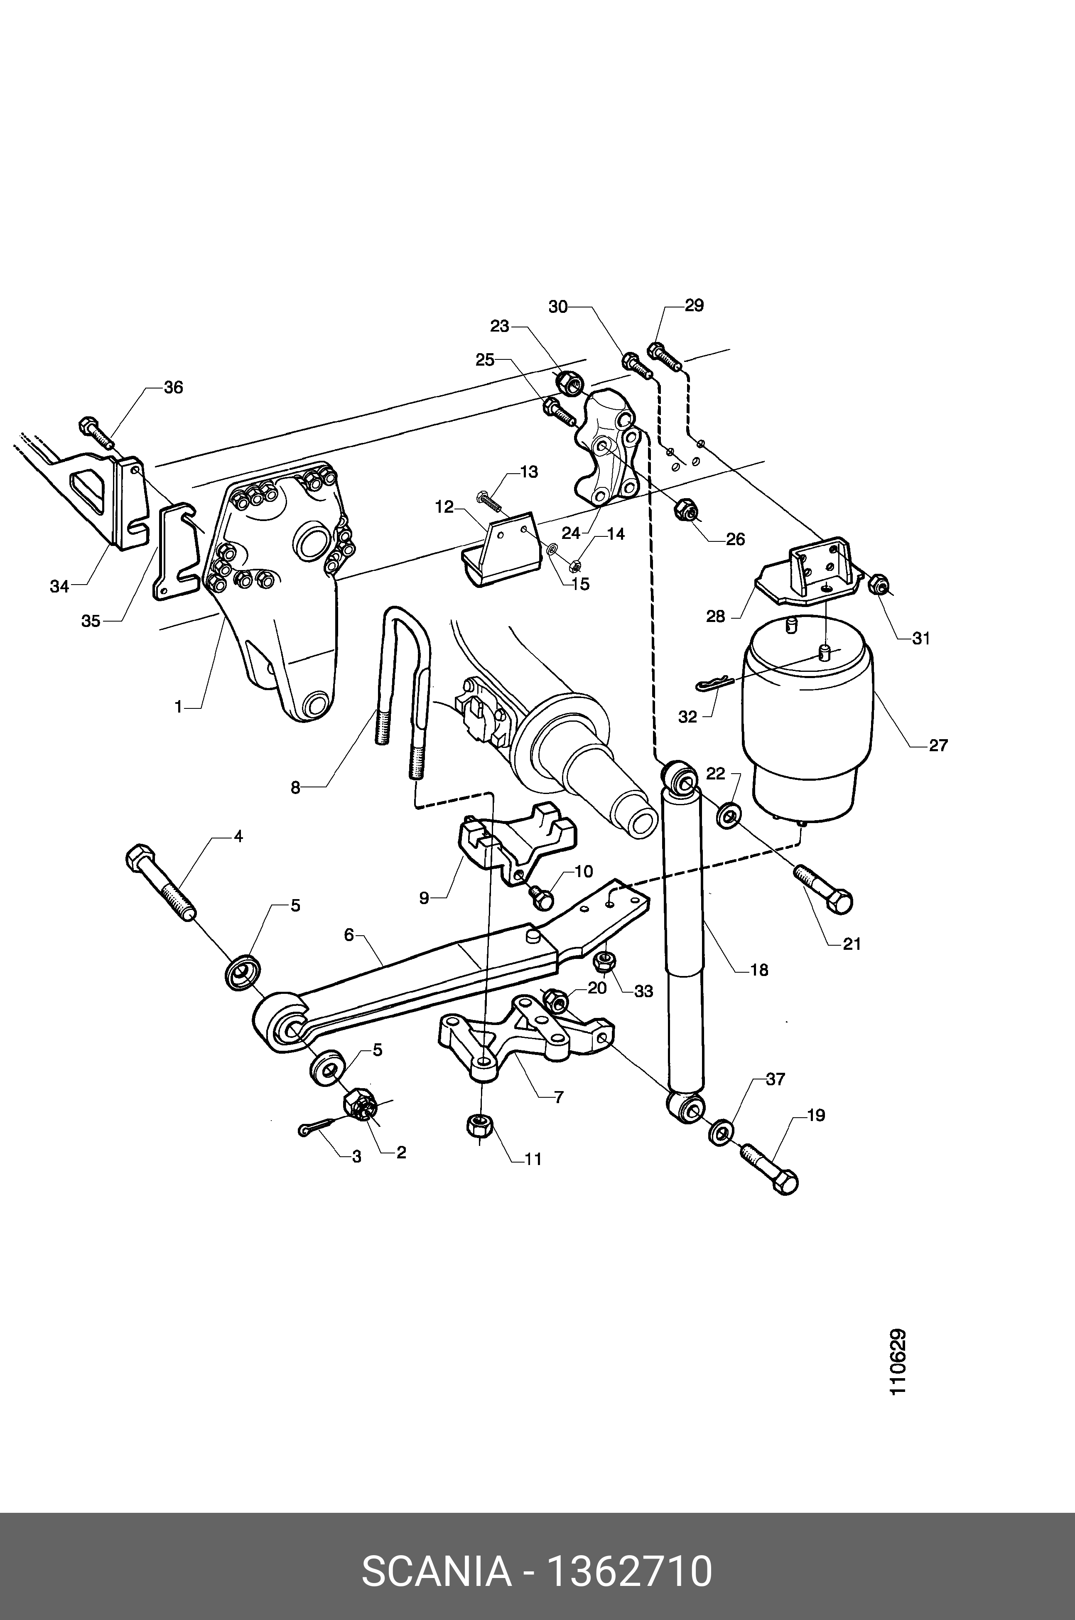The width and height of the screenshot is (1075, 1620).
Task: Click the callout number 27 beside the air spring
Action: tap(938, 745)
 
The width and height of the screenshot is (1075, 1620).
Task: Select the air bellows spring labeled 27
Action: tap(809, 713)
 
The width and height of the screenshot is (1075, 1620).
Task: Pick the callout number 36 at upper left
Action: tap(174, 387)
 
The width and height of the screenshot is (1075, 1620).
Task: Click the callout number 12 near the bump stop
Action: tap(444, 507)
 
